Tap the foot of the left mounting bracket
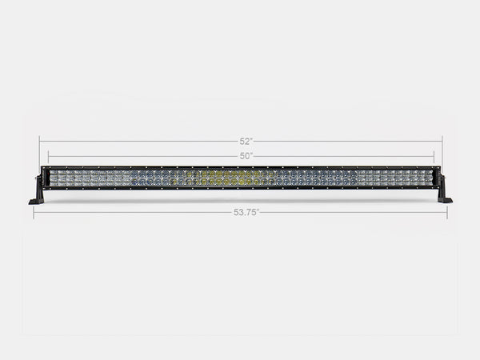(x=35, y=201)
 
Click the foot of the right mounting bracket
(x=446, y=201)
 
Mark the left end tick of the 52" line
(x=39, y=141)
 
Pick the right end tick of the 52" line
(x=442, y=141)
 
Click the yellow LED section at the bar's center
(x=216, y=177)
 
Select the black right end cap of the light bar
(x=437, y=177)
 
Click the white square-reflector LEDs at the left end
(x=80, y=177)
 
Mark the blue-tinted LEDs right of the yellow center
(x=296, y=177)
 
